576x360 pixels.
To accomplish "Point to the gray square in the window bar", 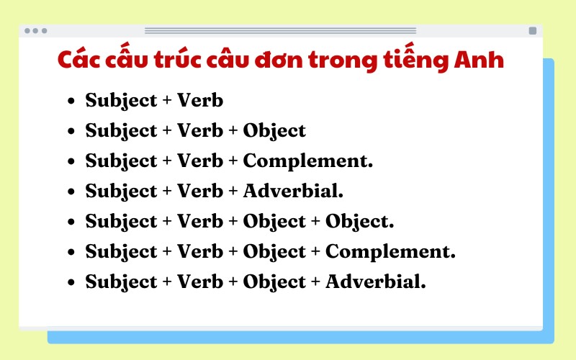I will coord(532,31).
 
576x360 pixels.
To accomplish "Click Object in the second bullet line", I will coord(274,131).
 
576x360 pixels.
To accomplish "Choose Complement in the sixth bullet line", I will coord(390,252).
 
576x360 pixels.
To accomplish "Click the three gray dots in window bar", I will coord(35,31).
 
